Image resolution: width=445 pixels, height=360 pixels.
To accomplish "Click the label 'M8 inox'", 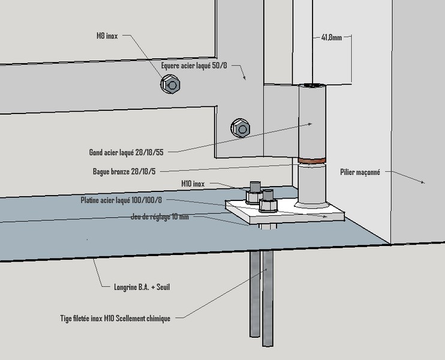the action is (107, 36).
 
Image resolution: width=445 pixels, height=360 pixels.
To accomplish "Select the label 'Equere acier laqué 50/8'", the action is (194, 65).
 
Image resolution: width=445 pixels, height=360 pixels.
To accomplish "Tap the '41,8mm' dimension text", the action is (332, 37).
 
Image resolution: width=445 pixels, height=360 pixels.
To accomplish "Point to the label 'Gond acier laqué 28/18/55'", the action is (127, 152).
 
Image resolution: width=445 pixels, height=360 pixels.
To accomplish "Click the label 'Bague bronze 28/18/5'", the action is (124, 172).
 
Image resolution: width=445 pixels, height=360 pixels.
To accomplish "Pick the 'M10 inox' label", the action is (193, 184).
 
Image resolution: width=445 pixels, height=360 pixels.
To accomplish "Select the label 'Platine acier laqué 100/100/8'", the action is (121, 200).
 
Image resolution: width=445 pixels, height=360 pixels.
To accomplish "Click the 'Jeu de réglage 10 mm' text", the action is (160, 217).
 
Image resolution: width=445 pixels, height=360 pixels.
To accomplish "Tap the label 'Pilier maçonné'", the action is (360, 172).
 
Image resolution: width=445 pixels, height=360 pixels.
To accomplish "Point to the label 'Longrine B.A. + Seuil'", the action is (142, 287).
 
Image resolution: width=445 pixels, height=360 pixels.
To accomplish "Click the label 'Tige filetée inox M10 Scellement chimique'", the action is (115, 318).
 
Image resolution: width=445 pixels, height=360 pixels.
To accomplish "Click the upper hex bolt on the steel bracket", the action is (170, 85).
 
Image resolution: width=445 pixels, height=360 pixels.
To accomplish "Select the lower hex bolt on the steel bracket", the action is (240, 128).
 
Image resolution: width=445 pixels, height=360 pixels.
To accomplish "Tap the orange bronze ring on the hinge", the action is (312, 161).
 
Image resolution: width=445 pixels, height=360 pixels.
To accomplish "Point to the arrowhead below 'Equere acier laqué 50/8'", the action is (244, 77).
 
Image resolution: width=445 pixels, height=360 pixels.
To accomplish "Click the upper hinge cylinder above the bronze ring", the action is (312, 122).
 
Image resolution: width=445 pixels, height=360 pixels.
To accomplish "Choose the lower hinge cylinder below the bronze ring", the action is (312, 185).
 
